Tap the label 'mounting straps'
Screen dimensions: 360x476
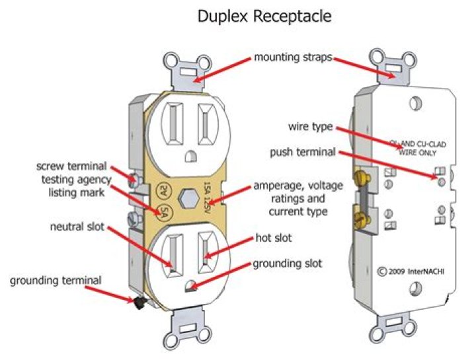click(x=292, y=57)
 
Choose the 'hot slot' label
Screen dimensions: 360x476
click(x=274, y=236)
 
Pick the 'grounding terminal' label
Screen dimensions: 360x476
click(x=56, y=281)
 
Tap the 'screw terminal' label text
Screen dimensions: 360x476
click(x=73, y=165)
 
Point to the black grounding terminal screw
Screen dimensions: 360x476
click(x=139, y=303)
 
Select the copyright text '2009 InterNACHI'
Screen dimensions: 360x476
click(x=410, y=270)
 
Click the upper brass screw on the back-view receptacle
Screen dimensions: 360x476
click(x=362, y=177)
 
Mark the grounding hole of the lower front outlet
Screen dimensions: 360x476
click(x=190, y=285)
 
